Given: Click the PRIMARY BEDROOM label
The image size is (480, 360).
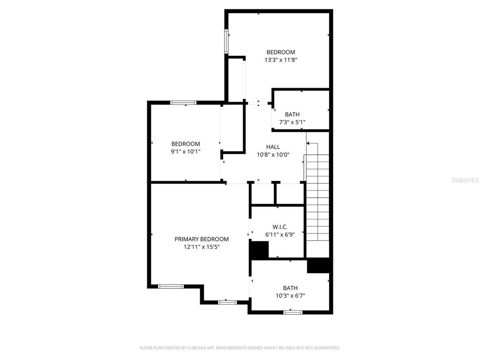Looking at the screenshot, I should tap(202, 239).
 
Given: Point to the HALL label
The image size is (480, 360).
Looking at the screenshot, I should tap(273, 147).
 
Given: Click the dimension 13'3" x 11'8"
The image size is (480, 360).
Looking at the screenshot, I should tap(281, 60).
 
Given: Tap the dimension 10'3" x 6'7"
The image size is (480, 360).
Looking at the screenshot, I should tap(290, 296).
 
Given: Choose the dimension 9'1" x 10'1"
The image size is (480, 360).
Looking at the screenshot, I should tap(185, 151).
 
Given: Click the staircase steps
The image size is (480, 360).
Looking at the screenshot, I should tap(317, 197).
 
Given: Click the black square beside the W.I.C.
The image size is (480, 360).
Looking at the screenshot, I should tap(259, 250).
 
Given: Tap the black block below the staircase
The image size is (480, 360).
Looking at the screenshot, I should tap(319, 265).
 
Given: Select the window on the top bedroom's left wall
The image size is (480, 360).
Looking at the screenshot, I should tap(227, 41).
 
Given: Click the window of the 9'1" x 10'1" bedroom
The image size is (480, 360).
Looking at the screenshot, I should tap(183, 103).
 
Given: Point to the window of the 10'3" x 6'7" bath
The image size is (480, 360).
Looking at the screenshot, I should tap(293, 312).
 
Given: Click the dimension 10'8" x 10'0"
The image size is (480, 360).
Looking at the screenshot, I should tap(273, 155).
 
